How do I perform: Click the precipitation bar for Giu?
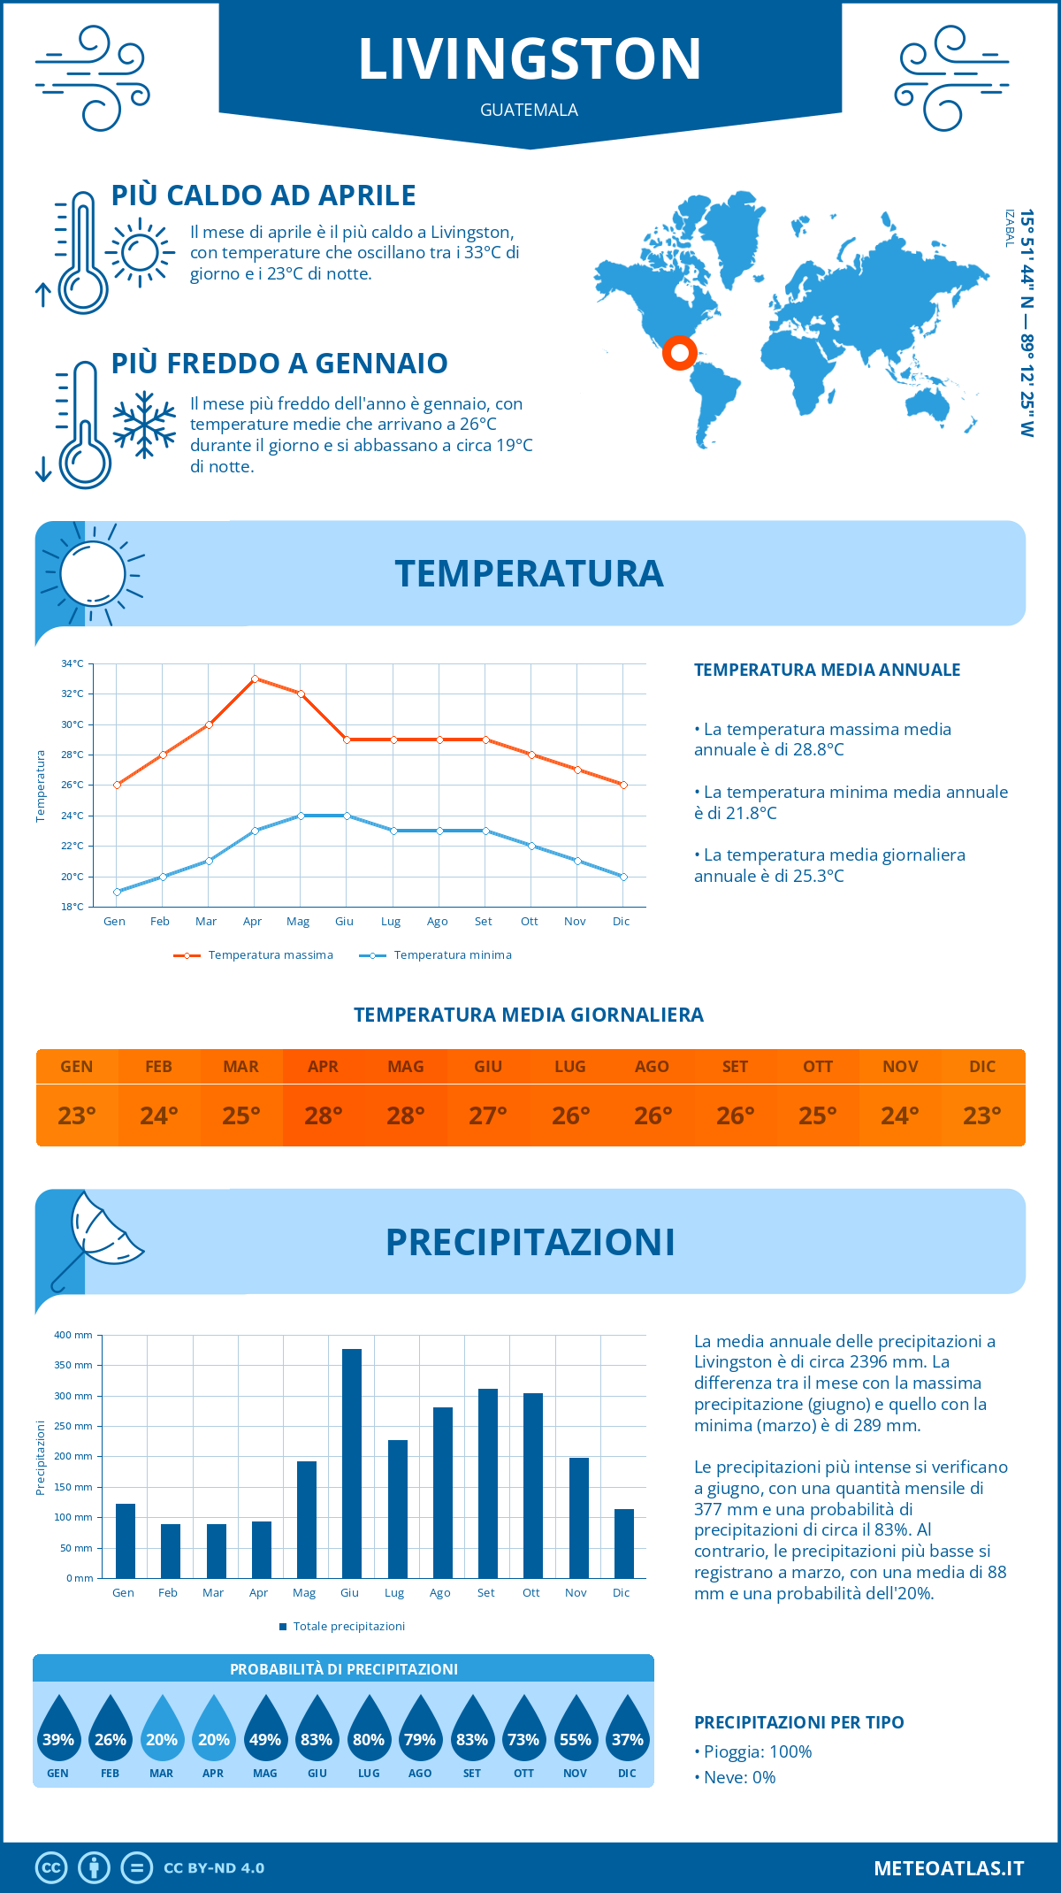pos(351,1463)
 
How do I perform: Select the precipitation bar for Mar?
pos(216,1551)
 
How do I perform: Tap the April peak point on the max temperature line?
pos(255,678)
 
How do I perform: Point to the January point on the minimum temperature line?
pos(117,892)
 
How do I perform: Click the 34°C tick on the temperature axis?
pos(73,663)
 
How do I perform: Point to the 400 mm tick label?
pos(73,1335)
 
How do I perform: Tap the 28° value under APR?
pos(324,1115)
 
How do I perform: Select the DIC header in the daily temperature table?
pos(982,1067)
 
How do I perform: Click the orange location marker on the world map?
pos(679,353)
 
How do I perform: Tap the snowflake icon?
pos(144,425)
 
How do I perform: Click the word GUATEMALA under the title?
pos(529,110)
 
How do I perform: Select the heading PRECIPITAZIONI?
pos(530,1242)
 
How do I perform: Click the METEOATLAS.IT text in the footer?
pos(948,1868)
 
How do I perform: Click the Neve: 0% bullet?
pos(738,1777)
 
